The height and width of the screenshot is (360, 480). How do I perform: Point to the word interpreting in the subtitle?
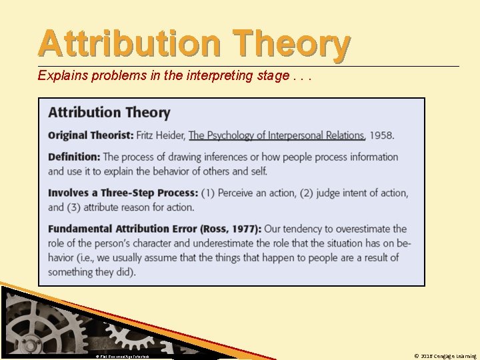(x=217, y=75)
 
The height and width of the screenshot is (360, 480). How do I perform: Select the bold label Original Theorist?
(x=90, y=135)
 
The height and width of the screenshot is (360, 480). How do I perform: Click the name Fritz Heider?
(x=161, y=135)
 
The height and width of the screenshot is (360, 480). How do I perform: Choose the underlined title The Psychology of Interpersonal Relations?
(x=277, y=135)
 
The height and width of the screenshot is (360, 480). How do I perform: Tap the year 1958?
(x=381, y=135)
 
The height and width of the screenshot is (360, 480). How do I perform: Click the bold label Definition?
(x=74, y=157)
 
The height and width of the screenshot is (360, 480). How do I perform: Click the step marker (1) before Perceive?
(x=209, y=193)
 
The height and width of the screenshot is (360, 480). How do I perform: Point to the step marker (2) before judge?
(x=307, y=193)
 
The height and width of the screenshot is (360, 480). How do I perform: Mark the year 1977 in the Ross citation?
(x=244, y=229)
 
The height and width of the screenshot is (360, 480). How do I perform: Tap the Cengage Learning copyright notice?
(x=445, y=356)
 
